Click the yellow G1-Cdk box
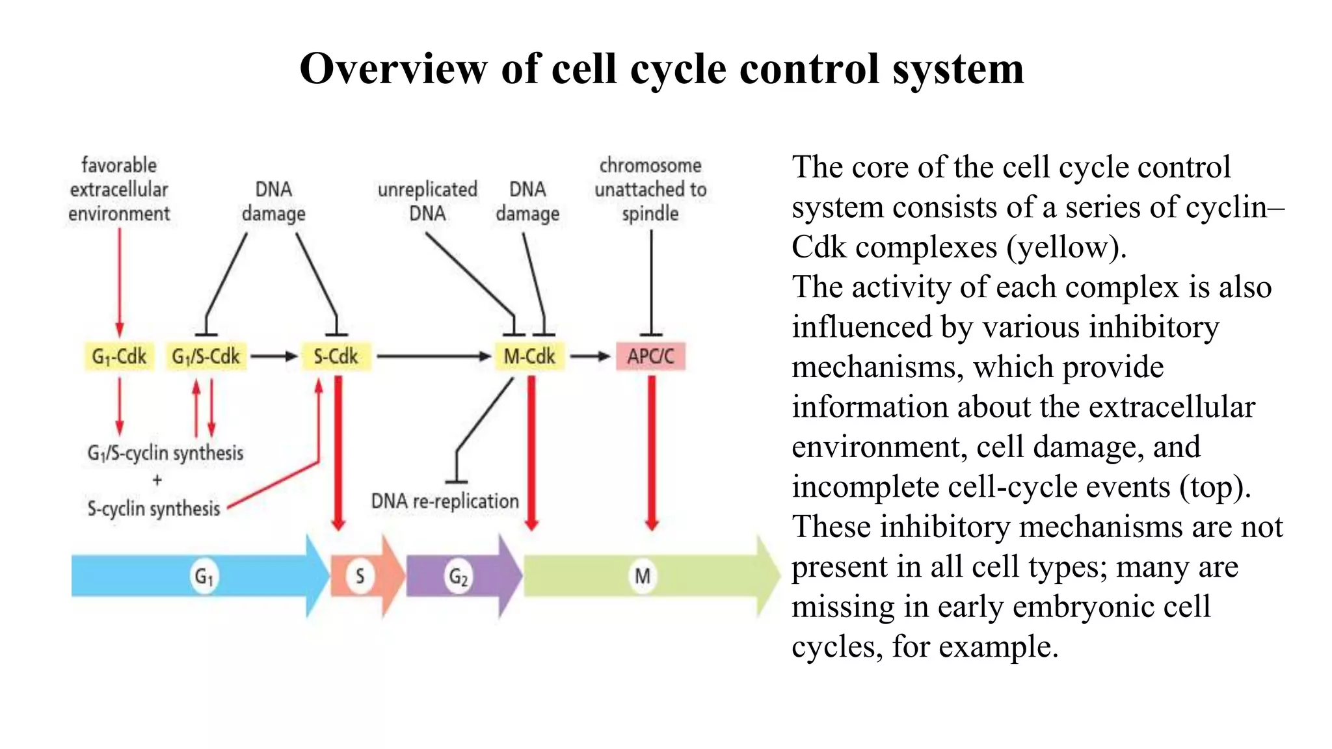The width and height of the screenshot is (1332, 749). pyautogui.click(x=119, y=356)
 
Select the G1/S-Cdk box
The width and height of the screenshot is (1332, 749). pyautogui.click(x=206, y=356)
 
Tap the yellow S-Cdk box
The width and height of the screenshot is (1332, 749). pyautogui.click(x=336, y=356)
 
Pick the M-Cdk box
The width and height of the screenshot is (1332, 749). pyautogui.click(x=529, y=356)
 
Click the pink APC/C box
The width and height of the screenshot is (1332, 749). pyautogui.click(x=650, y=356)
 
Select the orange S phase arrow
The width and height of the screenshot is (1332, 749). pyautogui.click(x=364, y=576)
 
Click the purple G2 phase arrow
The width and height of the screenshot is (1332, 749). pyautogui.click(x=459, y=576)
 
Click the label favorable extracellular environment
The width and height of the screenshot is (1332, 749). pyautogui.click(x=119, y=189)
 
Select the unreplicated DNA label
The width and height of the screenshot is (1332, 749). pyautogui.click(x=427, y=201)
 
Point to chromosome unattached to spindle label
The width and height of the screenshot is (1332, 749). pyautogui.click(x=650, y=189)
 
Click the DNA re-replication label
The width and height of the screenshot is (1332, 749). pyautogui.click(x=445, y=501)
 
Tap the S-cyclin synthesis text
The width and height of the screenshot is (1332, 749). pyautogui.click(x=154, y=508)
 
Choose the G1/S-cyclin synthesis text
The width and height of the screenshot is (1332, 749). pyautogui.click(x=165, y=453)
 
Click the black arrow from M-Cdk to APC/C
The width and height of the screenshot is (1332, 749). pyautogui.click(x=590, y=356)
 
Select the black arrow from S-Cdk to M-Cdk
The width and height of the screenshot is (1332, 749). pyautogui.click(x=433, y=356)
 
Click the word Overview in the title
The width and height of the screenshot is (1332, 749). pyautogui.click(x=393, y=69)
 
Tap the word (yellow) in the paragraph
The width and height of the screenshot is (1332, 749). pyautogui.click(x=1066, y=248)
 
